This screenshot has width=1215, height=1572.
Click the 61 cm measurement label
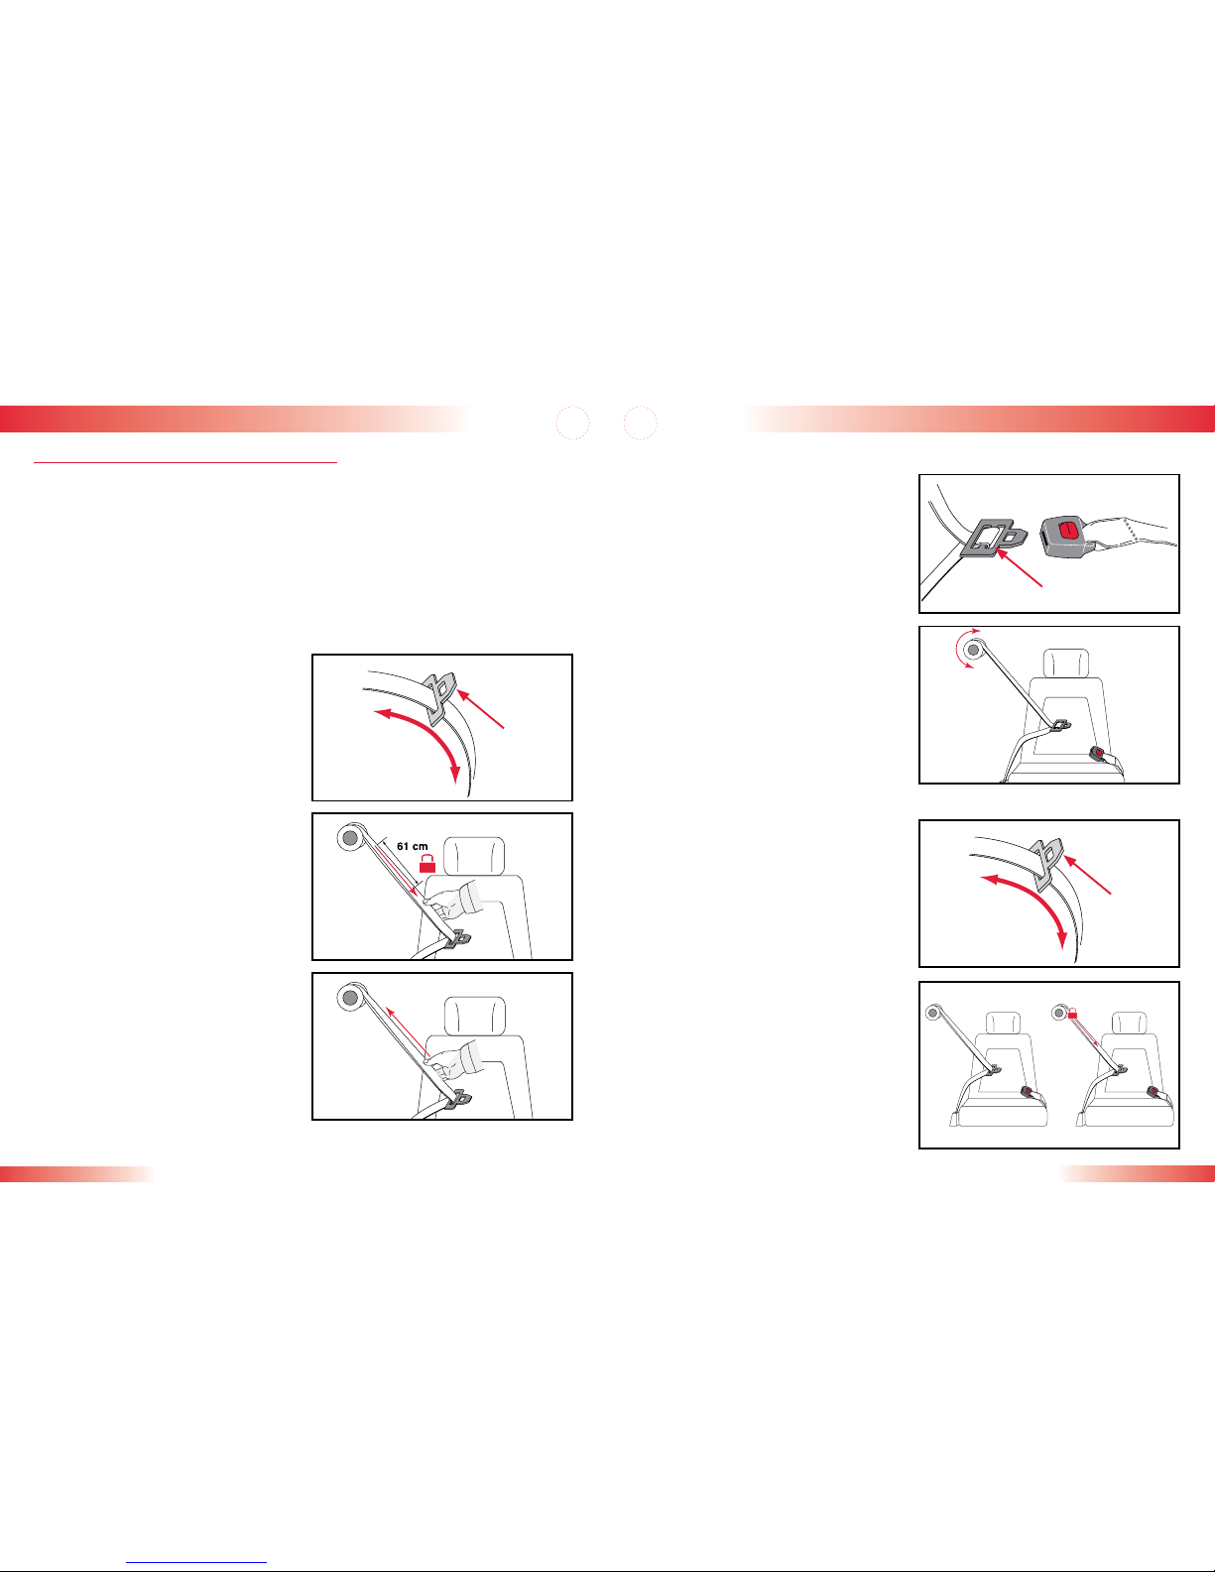pos(413,846)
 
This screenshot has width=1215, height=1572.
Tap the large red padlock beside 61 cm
pos(427,863)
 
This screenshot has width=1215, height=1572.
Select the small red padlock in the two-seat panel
pos(1073,1014)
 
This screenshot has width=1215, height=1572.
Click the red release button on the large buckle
pos(1067,530)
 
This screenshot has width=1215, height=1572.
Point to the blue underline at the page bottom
pos(196,1562)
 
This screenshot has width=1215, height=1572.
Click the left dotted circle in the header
pos(573,423)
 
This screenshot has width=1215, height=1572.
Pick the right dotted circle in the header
pos(641,423)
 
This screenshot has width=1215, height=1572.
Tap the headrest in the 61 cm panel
pos(474,856)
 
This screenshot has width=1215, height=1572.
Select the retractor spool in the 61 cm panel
pos(351,838)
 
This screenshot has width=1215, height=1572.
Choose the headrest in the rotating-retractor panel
pos(1066,664)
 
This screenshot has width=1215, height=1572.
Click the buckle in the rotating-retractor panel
pos(1099,755)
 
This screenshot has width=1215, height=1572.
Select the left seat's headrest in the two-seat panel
pos(1003,1023)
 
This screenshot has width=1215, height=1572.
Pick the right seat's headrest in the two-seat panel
pos(1129,1023)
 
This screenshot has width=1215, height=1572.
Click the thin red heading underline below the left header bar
pos(185,461)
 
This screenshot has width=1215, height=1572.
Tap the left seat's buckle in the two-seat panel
pos(1028,1091)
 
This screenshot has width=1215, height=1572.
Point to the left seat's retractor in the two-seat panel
pos(933,1013)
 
